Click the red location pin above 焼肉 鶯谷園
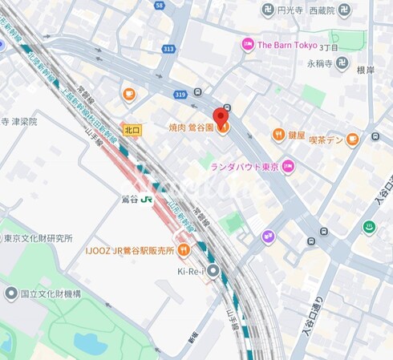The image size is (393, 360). (223, 115)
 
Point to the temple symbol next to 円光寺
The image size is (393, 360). (268, 10)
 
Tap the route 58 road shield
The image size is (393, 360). (160, 5)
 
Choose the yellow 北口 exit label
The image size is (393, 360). (132, 128)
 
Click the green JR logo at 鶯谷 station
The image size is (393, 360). (146, 200)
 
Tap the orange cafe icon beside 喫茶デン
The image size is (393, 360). (353, 140)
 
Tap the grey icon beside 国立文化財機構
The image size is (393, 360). (10, 293)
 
